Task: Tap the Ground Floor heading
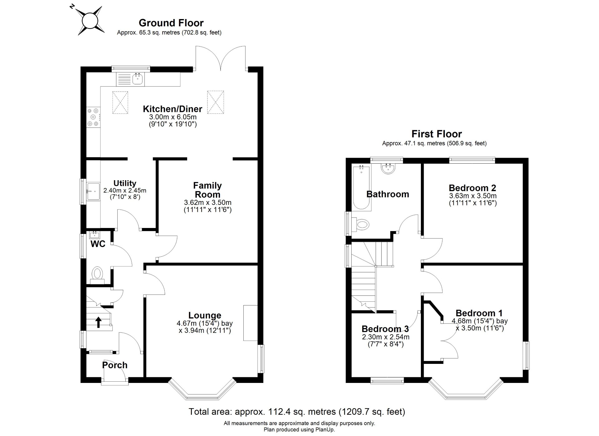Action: click(171, 23)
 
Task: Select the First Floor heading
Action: click(436, 134)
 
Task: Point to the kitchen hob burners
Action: click(93, 117)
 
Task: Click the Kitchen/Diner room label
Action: click(173, 109)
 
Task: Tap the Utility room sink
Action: click(93, 191)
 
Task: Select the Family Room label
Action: click(207, 190)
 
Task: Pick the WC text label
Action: click(98, 244)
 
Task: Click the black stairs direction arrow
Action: click(98, 322)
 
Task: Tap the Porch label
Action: click(115, 365)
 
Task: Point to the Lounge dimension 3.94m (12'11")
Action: click(205, 330)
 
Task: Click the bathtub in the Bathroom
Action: click(361, 187)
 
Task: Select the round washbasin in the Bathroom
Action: click(388, 168)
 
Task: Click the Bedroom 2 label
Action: click(472, 188)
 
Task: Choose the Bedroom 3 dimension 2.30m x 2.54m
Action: click(386, 337)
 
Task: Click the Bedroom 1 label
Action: click(479, 313)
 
